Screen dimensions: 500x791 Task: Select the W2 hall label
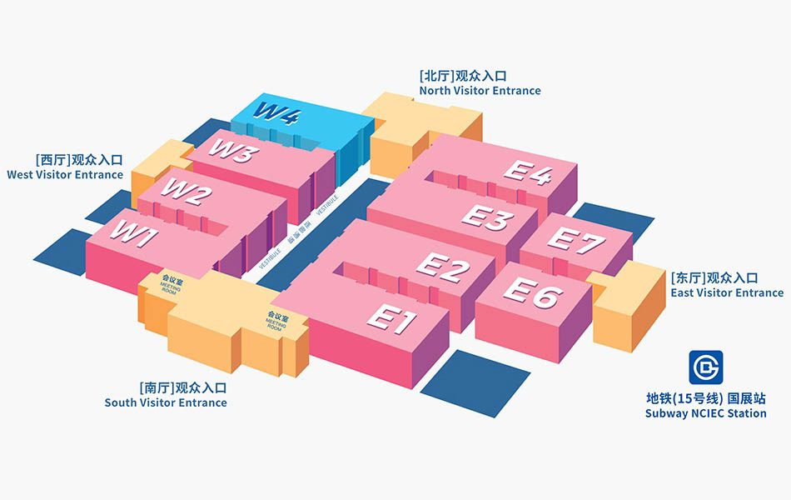click(x=187, y=193)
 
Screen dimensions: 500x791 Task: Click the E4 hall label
click(x=529, y=172)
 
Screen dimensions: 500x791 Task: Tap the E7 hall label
click(x=577, y=241)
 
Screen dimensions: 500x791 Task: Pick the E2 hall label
click(x=443, y=267)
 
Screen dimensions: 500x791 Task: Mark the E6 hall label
click(x=533, y=292)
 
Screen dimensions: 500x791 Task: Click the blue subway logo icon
click(x=705, y=367)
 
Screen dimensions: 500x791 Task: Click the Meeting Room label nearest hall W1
click(x=172, y=286)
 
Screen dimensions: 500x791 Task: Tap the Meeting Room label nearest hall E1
click(x=276, y=322)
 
